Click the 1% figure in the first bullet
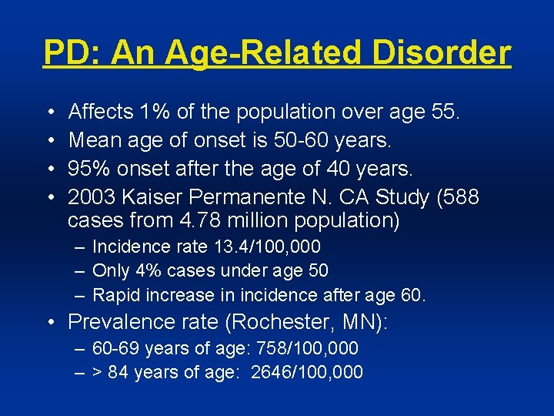tap(156, 112)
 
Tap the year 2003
tap(92, 198)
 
